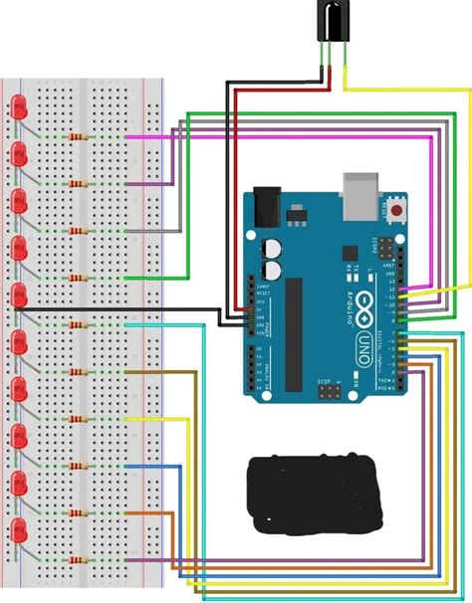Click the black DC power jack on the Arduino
pyautogui.click(x=267, y=208)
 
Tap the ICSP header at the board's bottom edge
pyautogui.click(x=326, y=393)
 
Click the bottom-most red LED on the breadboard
pyautogui.click(x=19, y=527)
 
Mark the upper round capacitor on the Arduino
pyautogui.click(x=270, y=249)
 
